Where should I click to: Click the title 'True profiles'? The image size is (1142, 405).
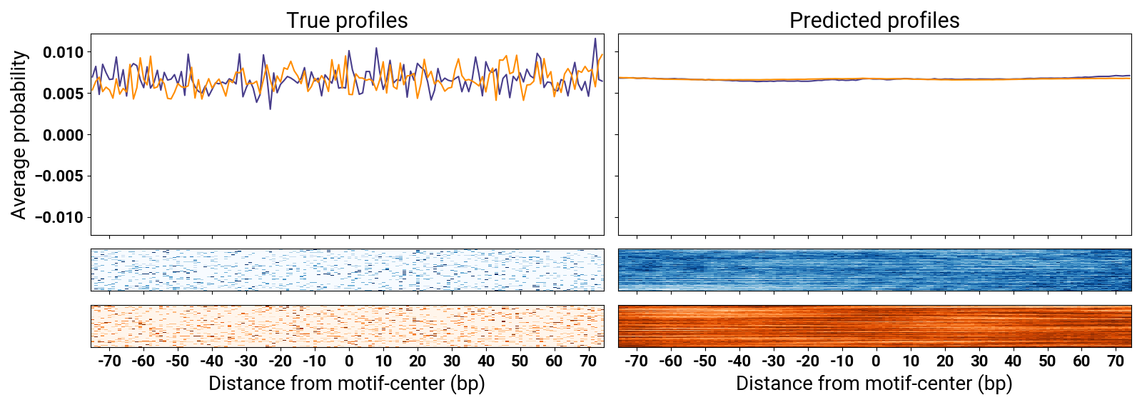[347, 20]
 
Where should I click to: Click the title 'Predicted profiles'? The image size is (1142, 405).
[874, 20]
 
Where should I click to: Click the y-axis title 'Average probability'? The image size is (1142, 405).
[19, 134]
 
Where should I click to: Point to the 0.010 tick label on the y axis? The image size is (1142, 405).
[63, 52]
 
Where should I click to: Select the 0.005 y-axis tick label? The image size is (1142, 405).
[63, 94]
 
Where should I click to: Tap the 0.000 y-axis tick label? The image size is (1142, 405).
[63, 135]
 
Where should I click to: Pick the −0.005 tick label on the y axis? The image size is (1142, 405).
[60, 176]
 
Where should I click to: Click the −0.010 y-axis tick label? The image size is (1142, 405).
[60, 217]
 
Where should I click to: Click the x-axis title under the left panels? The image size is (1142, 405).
[347, 384]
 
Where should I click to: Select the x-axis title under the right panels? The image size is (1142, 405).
[874, 384]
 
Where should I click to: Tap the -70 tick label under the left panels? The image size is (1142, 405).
[108, 361]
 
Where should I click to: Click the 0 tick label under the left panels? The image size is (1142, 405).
[349, 361]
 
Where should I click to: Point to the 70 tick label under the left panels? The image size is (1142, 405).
[588, 361]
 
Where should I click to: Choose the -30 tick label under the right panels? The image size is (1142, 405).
[773, 361]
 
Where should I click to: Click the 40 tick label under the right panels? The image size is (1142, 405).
[1013, 361]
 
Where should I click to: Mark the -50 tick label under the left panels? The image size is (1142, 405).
[177, 361]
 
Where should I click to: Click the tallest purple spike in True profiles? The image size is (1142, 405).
[595, 39]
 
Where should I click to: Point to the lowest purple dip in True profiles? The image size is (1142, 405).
[270, 108]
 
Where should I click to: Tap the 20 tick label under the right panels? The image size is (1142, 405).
[945, 361]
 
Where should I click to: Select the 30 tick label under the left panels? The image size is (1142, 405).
[452, 361]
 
